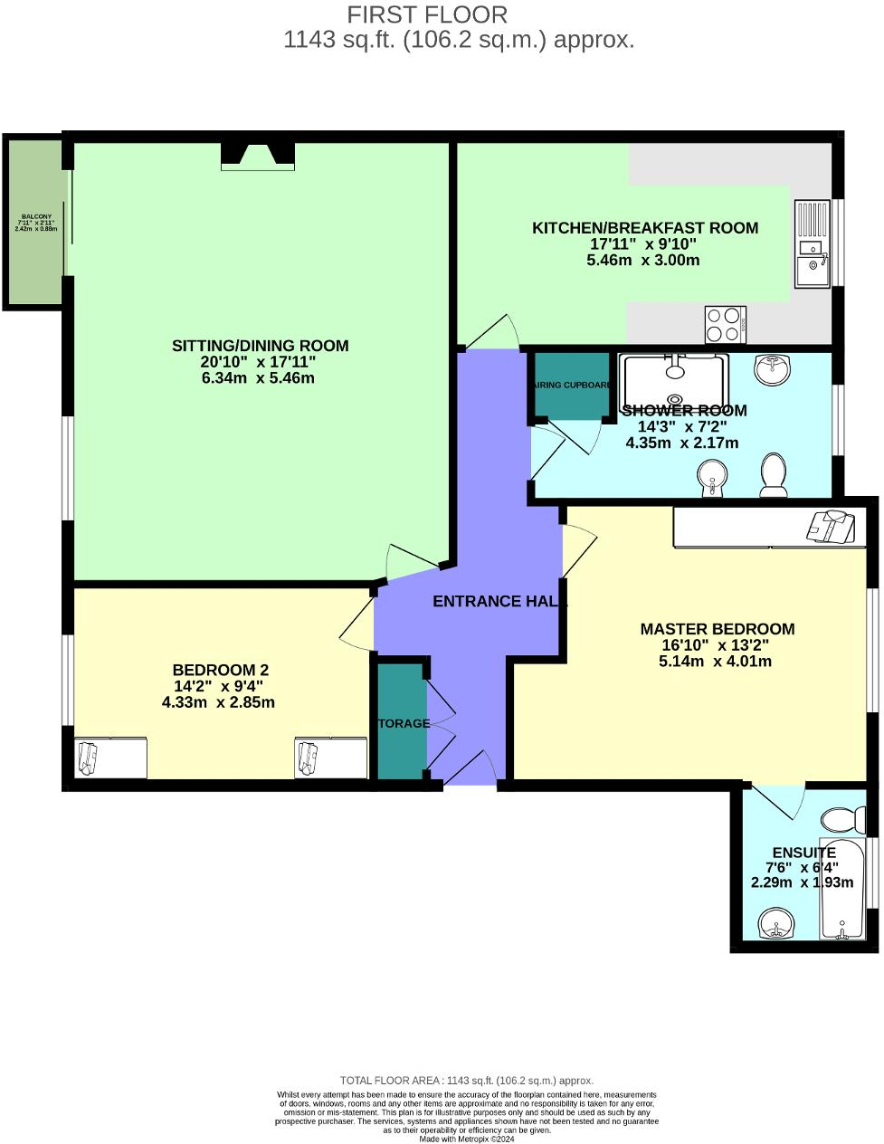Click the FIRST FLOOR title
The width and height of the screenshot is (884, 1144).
pyautogui.click(x=427, y=15)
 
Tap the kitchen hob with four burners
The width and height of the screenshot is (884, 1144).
pyautogui.click(x=726, y=325)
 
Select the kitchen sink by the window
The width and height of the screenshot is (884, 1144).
pyautogui.click(x=812, y=269)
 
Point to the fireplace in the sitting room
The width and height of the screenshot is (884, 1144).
pyautogui.click(x=258, y=157)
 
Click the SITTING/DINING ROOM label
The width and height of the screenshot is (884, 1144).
pyautogui.click(x=260, y=346)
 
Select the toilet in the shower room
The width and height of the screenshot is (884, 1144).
pyautogui.click(x=774, y=476)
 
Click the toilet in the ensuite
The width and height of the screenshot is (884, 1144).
pyautogui.click(x=842, y=821)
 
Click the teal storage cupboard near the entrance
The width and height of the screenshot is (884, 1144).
pyautogui.click(x=400, y=722)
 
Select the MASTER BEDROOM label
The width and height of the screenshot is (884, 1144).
pyautogui.click(x=717, y=629)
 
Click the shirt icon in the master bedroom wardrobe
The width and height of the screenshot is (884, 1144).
pyautogui.click(x=831, y=526)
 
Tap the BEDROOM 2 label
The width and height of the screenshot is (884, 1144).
pyautogui.click(x=220, y=671)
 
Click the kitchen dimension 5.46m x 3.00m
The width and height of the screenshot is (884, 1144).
pyautogui.click(x=642, y=260)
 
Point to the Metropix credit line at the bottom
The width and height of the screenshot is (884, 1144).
pyautogui.click(x=466, y=1139)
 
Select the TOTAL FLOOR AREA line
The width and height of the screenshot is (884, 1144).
pyautogui.click(x=466, y=1081)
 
